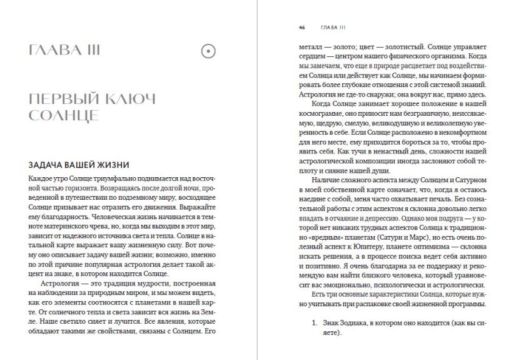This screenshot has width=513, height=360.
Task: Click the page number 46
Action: pos(302,28)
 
